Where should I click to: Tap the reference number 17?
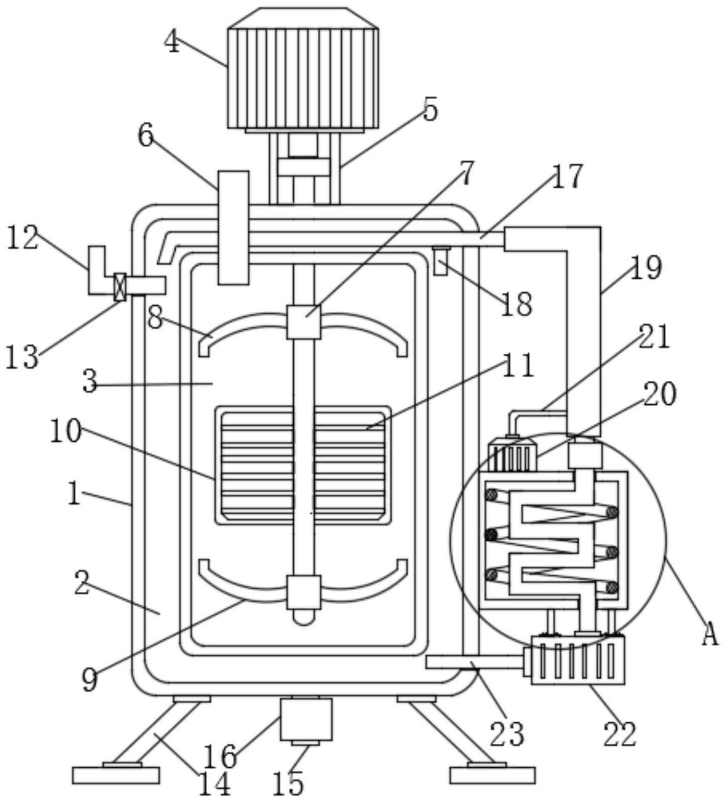[x=567, y=176]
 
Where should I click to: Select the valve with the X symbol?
[x=120, y=286]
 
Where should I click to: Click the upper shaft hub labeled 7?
[x=303, y=322]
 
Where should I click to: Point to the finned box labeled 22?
[x=578, y=660]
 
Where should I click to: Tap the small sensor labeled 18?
[x=440, y=261]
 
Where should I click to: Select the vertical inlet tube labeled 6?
[x=233, y=227]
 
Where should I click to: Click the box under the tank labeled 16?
[x=306, y=719]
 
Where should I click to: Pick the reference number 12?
[x=22, y=238]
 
